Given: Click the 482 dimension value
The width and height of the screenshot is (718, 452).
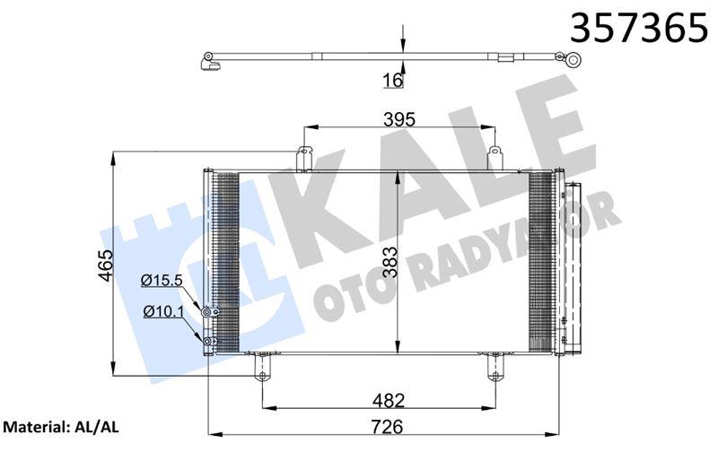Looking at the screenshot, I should click(390, 400).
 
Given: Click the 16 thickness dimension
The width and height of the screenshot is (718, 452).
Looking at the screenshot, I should click(392, 81).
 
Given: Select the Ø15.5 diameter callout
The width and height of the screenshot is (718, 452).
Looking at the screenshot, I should click(162, 280).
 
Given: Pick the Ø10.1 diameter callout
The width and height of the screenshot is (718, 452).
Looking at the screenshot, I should click(162, 311).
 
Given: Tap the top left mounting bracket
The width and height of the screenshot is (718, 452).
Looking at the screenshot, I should click(304, 157).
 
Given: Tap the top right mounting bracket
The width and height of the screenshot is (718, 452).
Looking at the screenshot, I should click(495, 157).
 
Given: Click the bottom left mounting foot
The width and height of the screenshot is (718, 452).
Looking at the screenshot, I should click(262, 366).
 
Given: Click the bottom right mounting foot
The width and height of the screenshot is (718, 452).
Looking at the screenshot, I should click(495, 366).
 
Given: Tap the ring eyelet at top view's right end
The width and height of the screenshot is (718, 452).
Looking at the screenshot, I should click(573, 61).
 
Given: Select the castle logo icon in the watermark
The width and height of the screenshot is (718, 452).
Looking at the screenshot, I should click(144, 260).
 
